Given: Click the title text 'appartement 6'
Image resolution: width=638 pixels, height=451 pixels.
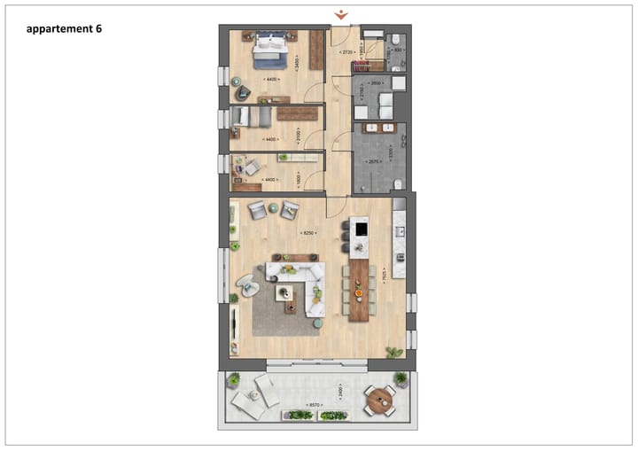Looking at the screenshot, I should (65, 28).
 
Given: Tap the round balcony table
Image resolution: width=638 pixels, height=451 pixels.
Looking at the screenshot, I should (382, 400).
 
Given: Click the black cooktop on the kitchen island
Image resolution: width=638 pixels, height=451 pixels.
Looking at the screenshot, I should (360, 229).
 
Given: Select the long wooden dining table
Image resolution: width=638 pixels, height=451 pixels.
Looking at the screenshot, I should (358, 290).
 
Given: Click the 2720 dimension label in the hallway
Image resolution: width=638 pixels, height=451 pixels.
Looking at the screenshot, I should (349, 52).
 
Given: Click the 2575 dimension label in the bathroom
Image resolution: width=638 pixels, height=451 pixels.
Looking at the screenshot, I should (374, 163).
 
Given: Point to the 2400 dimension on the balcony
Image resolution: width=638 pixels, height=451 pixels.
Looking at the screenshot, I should (339, 390).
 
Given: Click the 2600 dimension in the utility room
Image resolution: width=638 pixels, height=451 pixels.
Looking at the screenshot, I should (376, 82).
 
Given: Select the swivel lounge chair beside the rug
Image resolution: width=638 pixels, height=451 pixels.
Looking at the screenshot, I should (245, 286).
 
